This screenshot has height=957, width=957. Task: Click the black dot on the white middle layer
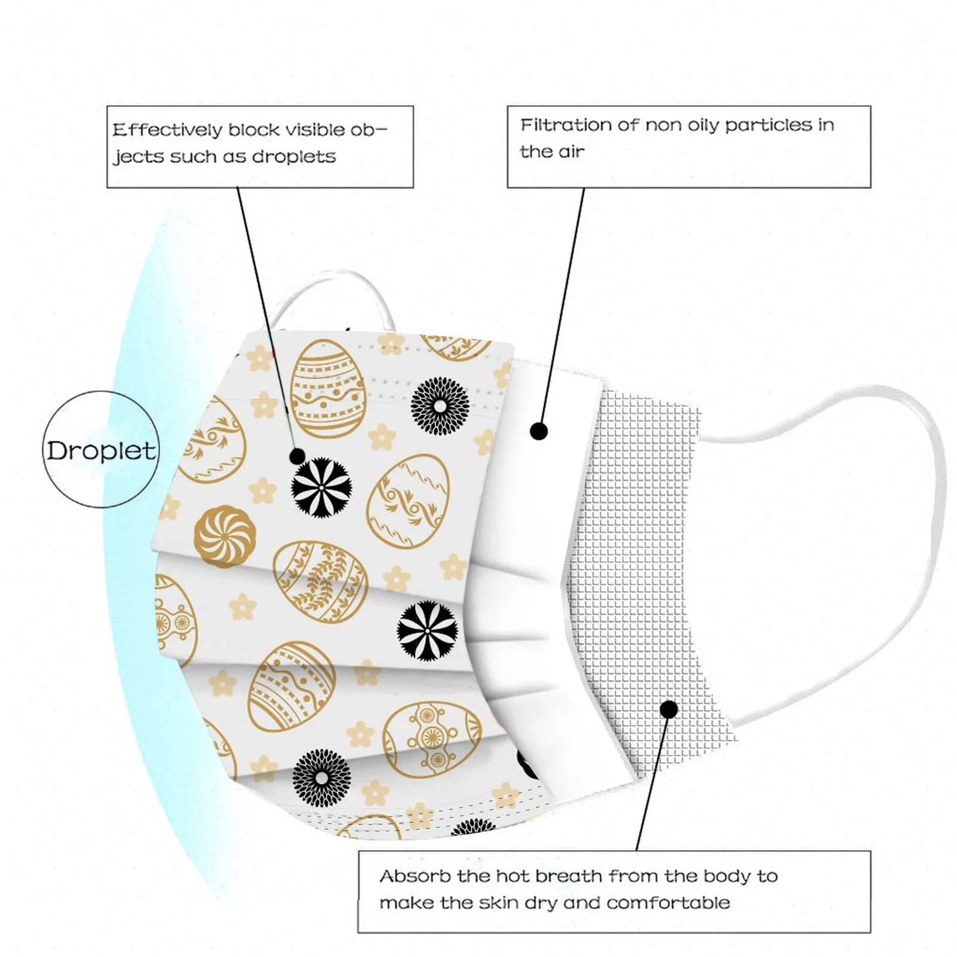point(539,431)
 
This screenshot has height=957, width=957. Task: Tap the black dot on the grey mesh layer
point(669,710)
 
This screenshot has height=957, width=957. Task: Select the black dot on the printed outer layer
point(297,456)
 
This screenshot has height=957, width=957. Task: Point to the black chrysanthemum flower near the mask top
point(440,406)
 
